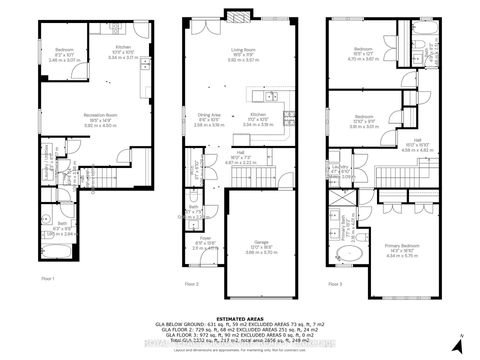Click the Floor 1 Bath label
tap(59, 229)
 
